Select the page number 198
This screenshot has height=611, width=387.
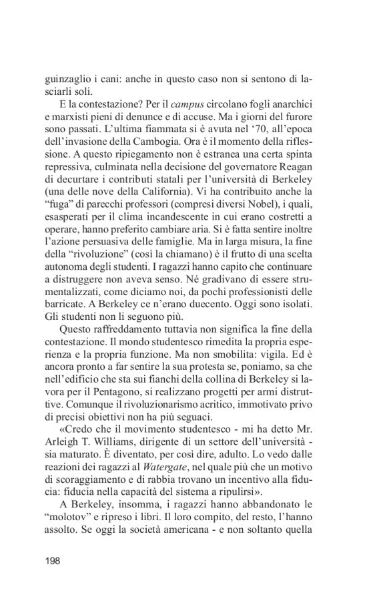(x=53, y=579)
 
